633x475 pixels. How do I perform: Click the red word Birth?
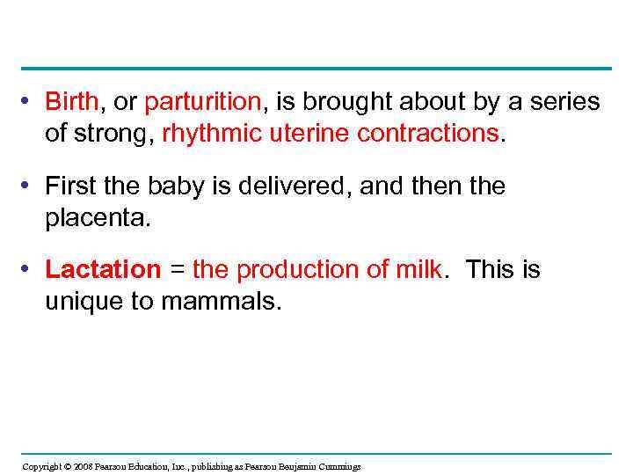point(72,103)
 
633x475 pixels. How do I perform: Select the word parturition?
point(203,103)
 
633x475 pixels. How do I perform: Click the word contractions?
point(425,134)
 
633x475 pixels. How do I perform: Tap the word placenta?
point(98,217)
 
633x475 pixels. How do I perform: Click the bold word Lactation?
point(103,270)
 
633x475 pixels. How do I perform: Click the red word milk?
point(417,270)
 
